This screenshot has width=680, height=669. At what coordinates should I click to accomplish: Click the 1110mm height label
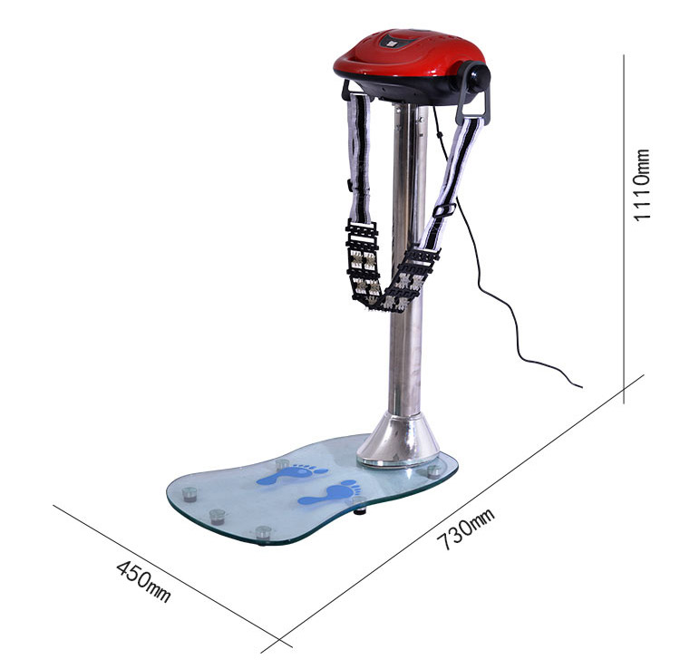[641, 185]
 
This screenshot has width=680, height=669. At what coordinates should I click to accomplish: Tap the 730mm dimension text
[466, 529]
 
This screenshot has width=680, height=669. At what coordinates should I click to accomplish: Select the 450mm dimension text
[143, 582]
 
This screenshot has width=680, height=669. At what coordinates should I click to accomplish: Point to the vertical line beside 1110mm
[624, 229]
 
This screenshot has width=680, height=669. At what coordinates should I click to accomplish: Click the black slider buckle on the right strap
[444, 210]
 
